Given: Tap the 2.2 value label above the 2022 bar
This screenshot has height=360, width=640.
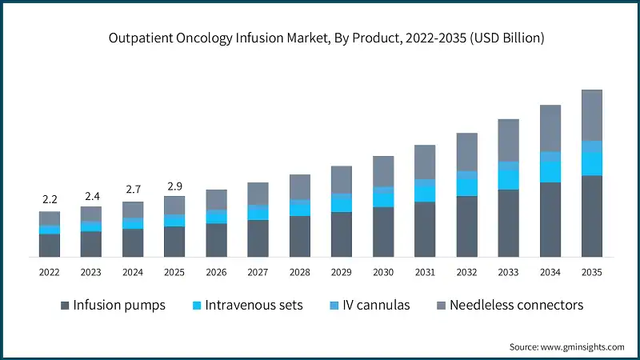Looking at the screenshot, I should tap(50, 198).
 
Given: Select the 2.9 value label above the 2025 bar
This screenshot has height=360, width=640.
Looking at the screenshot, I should tap(174, 186).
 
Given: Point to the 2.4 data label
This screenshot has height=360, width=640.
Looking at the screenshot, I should tap(91, 194).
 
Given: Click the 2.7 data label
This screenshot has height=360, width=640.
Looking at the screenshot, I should tap(133, 190).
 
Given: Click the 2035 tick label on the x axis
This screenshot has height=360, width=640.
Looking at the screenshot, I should tap(591, 272).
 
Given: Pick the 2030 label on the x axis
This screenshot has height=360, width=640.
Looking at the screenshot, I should tap(383, 272).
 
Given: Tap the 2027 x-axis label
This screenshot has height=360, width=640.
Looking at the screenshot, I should tap(258, 272).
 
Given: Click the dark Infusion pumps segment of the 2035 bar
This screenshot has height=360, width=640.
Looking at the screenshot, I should tap(591, 216).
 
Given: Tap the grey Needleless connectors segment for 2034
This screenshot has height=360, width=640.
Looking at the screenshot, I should tap(550, 128).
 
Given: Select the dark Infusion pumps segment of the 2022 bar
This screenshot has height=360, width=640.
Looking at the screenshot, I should tap(50, 245).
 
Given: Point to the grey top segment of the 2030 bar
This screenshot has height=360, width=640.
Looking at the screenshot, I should tap(383, 171).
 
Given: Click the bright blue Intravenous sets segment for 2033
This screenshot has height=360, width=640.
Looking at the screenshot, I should tap(508, 179).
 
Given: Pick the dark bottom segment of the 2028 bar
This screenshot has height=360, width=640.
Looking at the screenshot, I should tap(299, 236).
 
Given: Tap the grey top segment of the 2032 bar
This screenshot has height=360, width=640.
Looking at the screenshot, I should tap(466, 152).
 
